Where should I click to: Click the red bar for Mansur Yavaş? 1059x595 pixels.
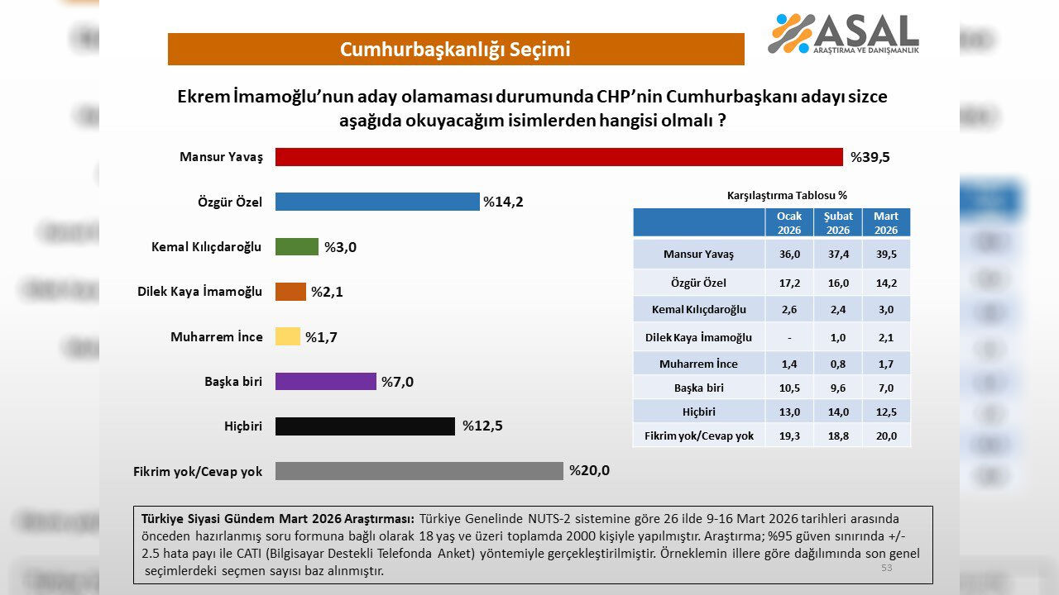point(558,157)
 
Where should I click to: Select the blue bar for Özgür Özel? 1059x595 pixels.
point(377,202)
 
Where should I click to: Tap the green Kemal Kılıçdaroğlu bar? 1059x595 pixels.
point(296,247)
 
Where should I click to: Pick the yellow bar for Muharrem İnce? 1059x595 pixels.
point(287,336)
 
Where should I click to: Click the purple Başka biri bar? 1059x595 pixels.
point(325,381)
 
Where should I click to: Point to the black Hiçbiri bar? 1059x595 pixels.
point(365,426)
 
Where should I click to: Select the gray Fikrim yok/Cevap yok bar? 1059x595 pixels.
point(419,471)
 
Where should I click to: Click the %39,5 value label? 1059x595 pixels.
point(870,157)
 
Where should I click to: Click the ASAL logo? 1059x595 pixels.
point(843,34)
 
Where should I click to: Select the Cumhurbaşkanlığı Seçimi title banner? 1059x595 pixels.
point(456,50)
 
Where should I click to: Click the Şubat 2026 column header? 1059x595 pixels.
point(838,222)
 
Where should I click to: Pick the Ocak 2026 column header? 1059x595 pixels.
point(789,222)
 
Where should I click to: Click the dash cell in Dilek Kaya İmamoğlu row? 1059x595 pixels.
point(789,337)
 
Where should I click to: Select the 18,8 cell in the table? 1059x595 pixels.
point(838,436)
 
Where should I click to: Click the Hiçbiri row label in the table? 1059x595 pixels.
point(699,412)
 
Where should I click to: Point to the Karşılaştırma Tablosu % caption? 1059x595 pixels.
point(787,196)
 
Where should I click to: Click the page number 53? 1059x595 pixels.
point(886,568)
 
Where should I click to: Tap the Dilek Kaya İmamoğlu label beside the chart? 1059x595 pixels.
point(199,291)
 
